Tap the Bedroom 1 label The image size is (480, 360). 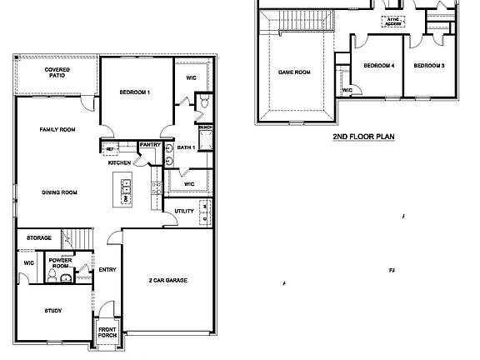134,92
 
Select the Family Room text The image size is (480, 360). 57,129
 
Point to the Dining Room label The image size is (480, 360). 59,192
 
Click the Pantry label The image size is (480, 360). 150,144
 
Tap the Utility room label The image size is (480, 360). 184,211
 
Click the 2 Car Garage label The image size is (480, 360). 167,280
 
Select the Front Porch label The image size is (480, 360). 107,332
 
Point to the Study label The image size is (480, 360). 53,311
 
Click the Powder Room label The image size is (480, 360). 61,264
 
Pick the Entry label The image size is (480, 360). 107,269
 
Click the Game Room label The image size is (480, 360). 293,72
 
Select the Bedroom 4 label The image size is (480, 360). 379,65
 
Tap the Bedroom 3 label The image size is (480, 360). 429,65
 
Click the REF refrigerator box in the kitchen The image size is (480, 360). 108,148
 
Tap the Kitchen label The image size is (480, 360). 119,162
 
